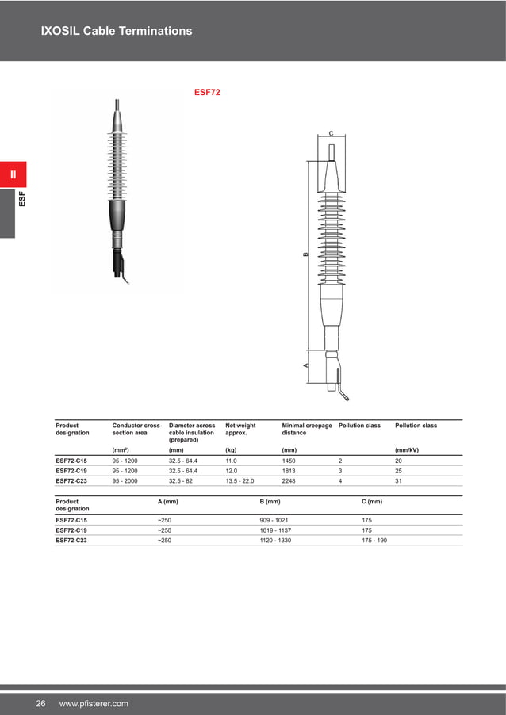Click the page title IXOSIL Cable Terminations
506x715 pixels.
pyautogui.click(x=117, y=31)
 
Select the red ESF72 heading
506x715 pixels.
pyautogui.click(x=207, y=92)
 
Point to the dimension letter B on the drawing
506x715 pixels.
pyautogui.click(x=305, y=254)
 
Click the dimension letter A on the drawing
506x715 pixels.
pyautogui.click(x=305, y=365)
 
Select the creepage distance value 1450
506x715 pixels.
pyautogui.click(x=289, y=460)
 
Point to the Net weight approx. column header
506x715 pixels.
pyautogui.click(x=240, y=430)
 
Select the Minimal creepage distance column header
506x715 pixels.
pyautogui.click(x=307, y=430)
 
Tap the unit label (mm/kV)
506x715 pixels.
pyautogui.click(x=406, y=450)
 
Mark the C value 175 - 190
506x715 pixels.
pyautogui.click(x=374, y=541)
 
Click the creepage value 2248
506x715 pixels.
pyautogui.click(x=289, y=480)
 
